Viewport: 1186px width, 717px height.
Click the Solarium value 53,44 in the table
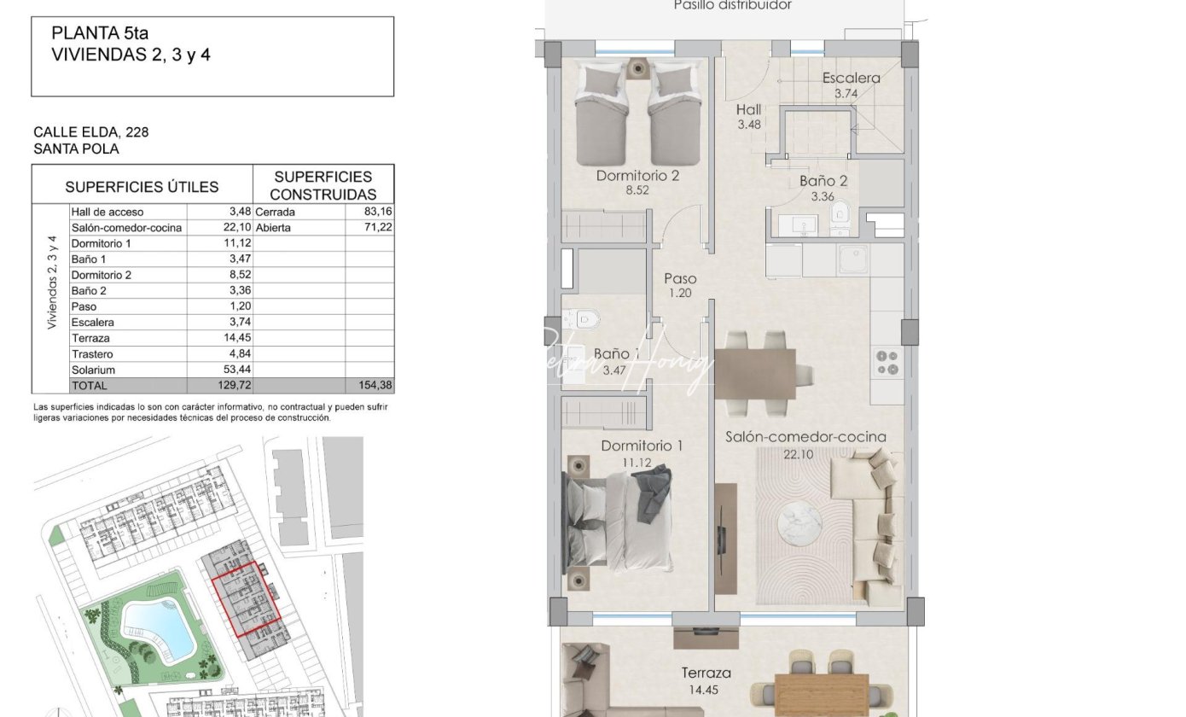(237, 369)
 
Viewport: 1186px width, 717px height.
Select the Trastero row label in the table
(92, 353)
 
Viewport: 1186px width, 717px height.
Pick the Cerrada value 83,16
(378, 212)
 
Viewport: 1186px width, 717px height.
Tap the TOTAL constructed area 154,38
(375, 385)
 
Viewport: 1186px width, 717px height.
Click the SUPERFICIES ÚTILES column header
(142, 186)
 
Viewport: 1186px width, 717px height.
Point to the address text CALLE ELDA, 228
(91, 131)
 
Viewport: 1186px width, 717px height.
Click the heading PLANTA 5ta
(100, 32)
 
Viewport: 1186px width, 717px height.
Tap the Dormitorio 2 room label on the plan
(637, 175)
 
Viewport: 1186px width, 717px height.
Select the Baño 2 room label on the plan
(823, 181)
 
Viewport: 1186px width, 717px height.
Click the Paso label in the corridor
(680, 278)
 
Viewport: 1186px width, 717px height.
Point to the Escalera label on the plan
(852, 78)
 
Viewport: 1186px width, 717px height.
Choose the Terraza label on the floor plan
(706, 673)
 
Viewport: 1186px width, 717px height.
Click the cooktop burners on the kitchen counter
(887, 363)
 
